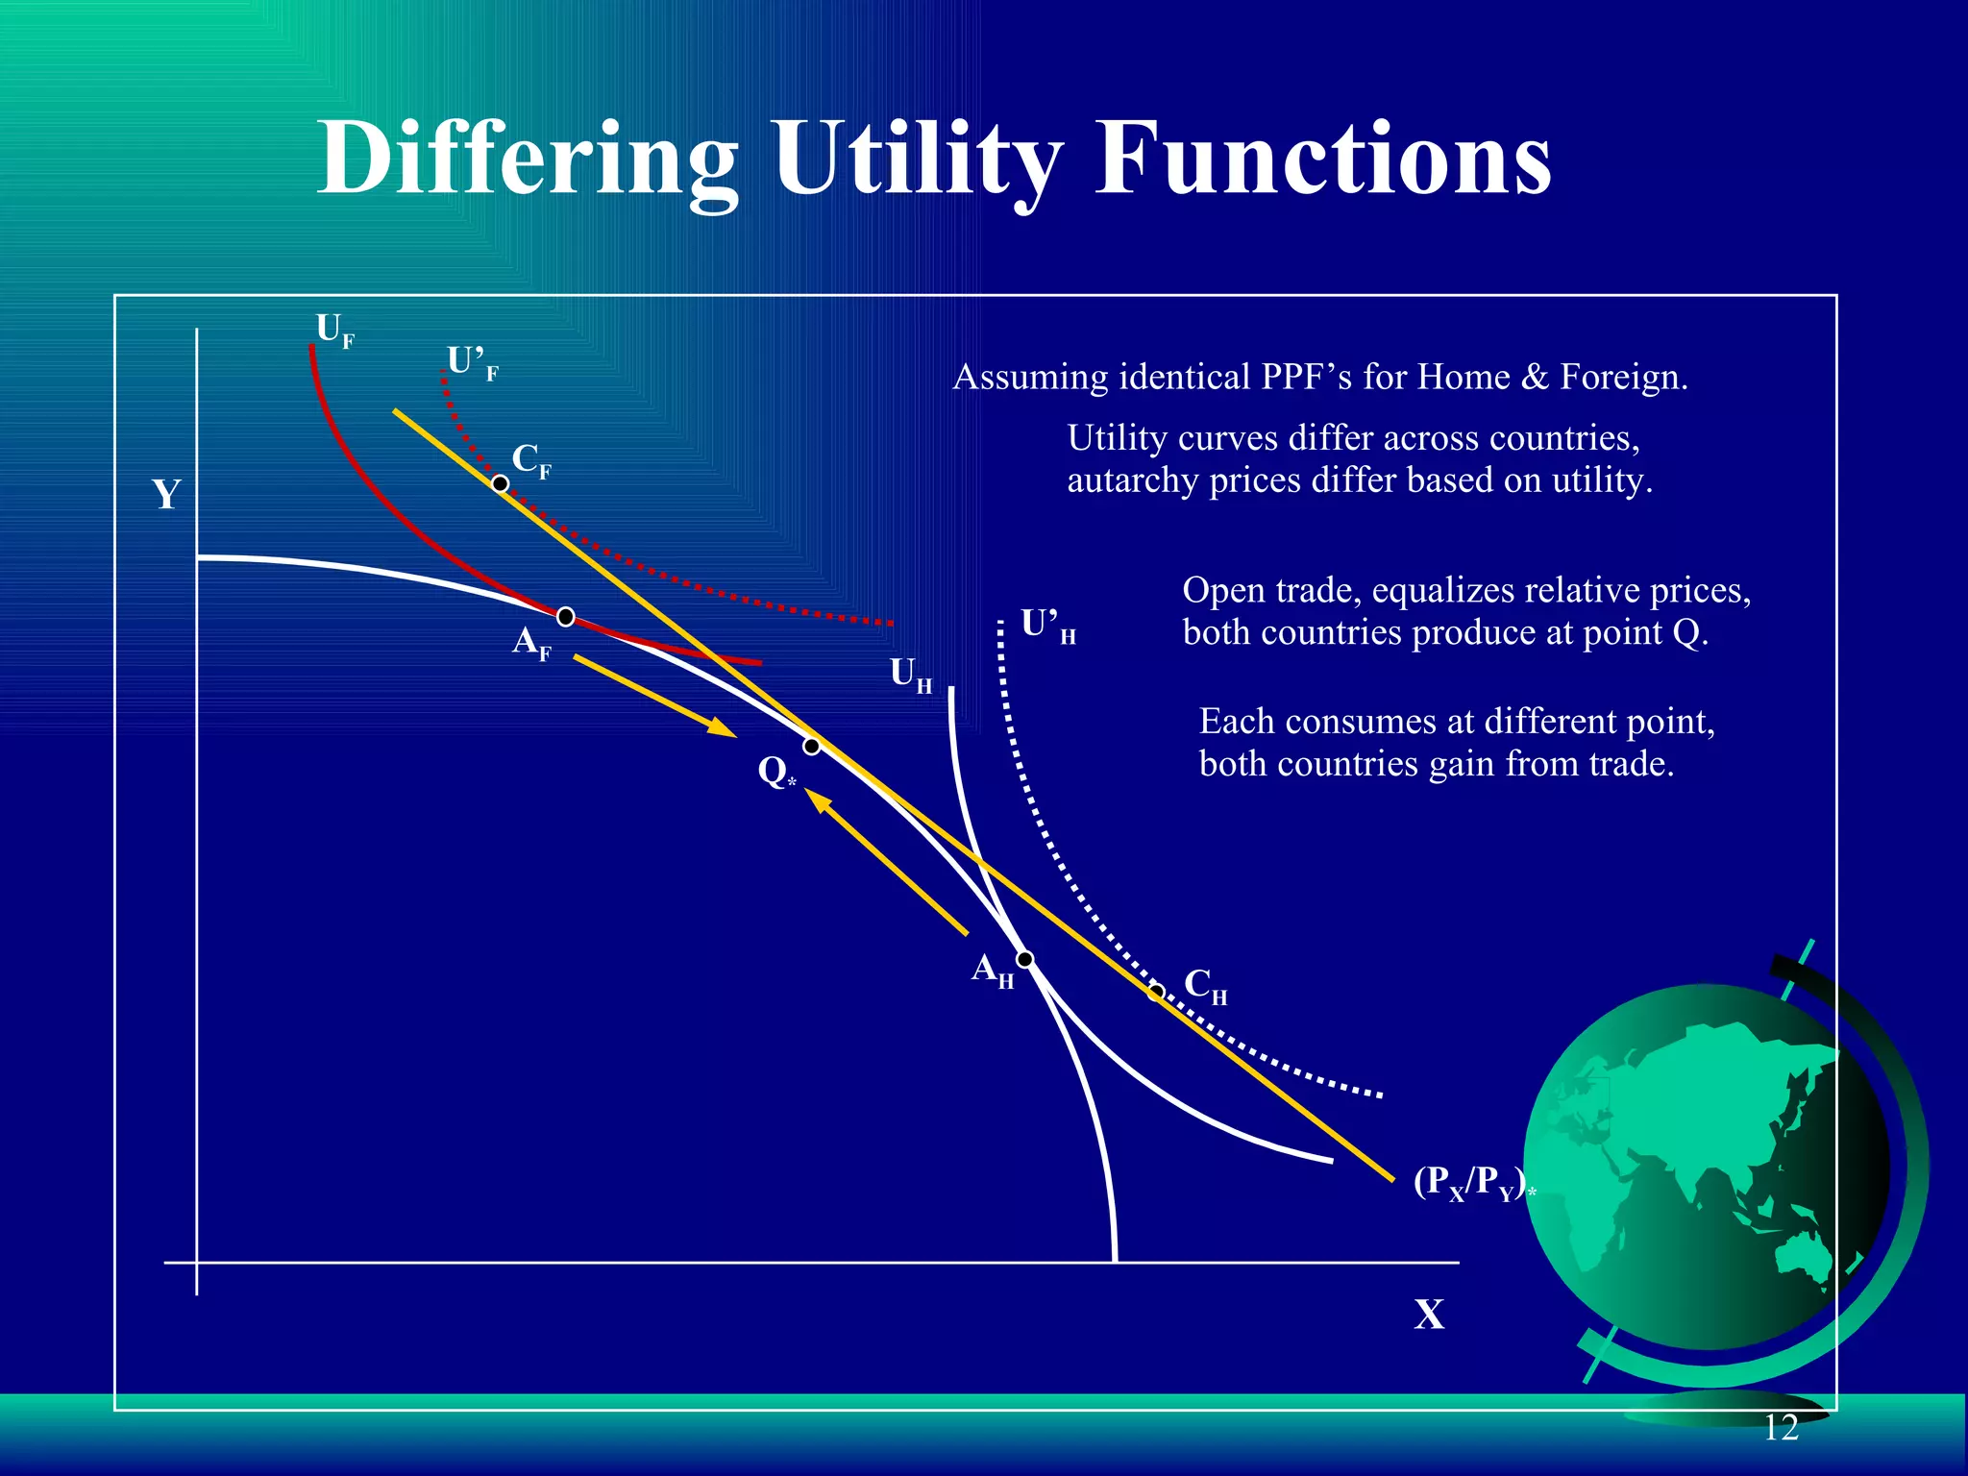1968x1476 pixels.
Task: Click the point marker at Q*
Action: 812,747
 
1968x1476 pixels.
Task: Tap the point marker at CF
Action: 501,483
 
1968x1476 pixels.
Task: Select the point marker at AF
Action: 566,617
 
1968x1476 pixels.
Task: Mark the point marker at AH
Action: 1025,959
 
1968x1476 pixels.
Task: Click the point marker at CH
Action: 1157,992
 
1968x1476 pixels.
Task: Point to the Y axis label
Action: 166,495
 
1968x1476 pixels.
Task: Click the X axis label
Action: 1429,1315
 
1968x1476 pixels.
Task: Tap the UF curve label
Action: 334,331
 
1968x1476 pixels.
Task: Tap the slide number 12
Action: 1781,1428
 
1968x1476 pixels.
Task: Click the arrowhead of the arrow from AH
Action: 816,799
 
